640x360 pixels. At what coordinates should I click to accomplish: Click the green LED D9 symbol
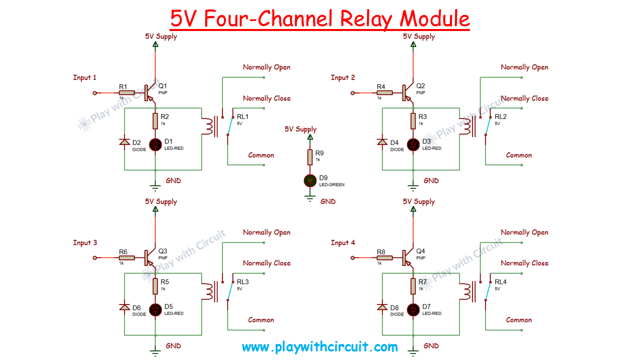(310, 180)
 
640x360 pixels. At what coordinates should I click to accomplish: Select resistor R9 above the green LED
(310, 157)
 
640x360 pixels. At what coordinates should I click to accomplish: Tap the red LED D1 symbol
(155, 145)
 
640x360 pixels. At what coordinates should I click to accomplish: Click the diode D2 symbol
(124, 142)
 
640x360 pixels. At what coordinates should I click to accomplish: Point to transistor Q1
(149, 92)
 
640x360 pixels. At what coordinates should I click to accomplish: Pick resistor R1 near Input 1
(127, 92)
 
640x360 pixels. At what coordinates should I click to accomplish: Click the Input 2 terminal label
(343, 77)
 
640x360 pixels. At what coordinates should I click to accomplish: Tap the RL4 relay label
(500, 281)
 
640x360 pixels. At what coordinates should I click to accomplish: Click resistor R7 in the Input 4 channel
(413, 286)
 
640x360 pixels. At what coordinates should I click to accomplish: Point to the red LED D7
(413, 310)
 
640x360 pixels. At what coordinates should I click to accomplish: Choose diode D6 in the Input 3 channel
(124, 307)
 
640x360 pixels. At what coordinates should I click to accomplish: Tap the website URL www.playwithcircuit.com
(319, 347)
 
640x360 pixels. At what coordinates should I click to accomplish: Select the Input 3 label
(85, 242)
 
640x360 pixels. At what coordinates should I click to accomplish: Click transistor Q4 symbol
(407, 257)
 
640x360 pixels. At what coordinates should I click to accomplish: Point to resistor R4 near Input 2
(385, 92)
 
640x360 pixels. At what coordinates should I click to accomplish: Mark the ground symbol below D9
(310, 198)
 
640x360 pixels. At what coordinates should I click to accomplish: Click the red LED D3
(413, 145)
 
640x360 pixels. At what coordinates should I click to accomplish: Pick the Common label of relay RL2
(519, 155)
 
